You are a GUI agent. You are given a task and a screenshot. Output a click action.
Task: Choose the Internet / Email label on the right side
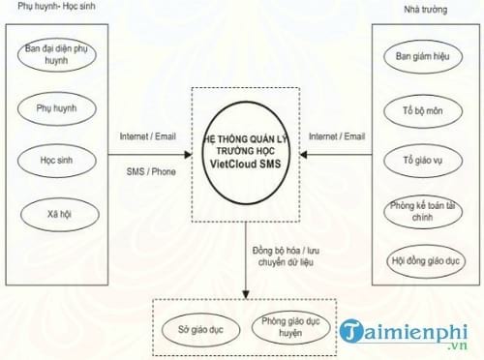coord(338,136)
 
